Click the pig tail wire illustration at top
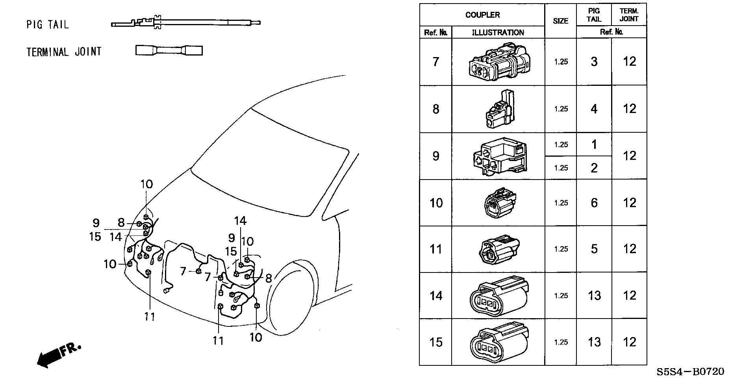coord(185,23)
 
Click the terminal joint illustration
coord(169,50)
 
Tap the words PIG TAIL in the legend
coord(48,25)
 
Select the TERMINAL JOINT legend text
coord(64,52)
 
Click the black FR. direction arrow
coord(58,354)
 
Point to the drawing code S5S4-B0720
coord(690,372)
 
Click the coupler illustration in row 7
coord(498,62)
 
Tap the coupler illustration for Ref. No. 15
coord(499,342)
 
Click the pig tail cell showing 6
coord(594,203)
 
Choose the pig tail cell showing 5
coord(594,249)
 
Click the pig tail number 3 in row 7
coord(594,62)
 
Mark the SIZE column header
coord(560,21)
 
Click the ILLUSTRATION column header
coord(498,33)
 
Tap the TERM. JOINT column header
coord(629,15)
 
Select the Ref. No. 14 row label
coord(436,296)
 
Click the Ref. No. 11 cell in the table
coord(436,249)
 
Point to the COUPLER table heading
coord(482,15)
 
